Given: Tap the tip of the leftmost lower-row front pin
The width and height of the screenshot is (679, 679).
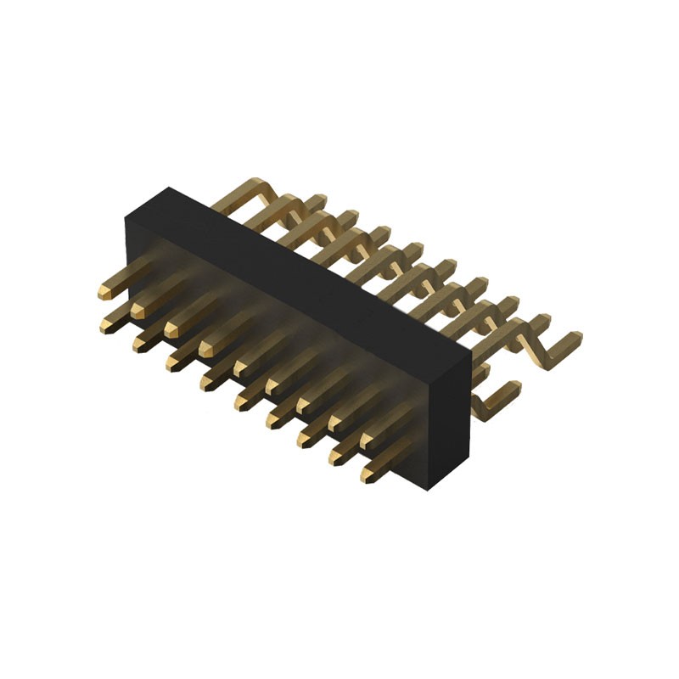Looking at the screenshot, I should click(109, 323).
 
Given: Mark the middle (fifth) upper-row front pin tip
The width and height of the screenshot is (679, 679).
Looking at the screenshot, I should click(240, 367).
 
